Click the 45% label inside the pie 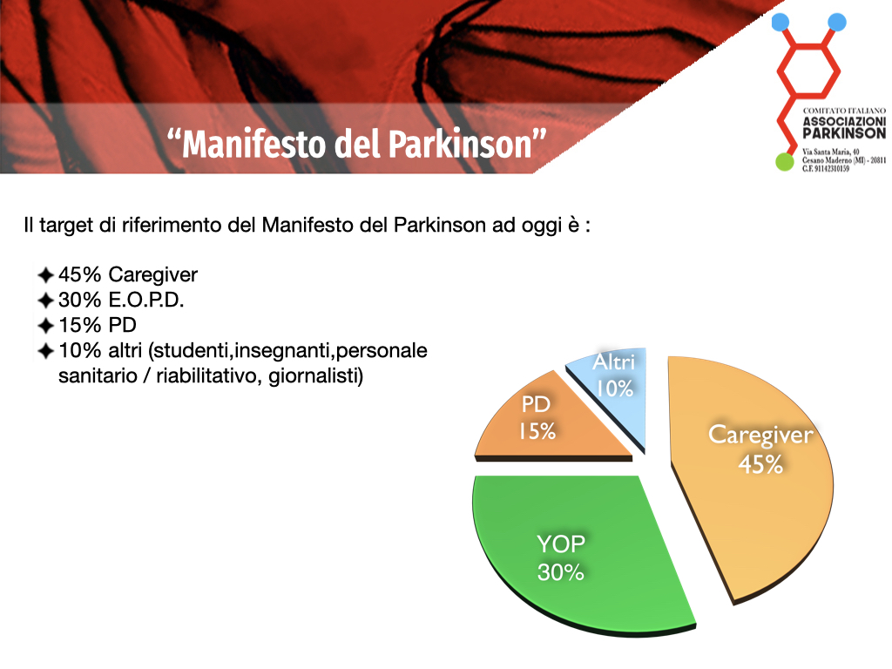tap(760, 464)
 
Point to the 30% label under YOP tap(560, 571)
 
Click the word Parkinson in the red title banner tap(461, 144)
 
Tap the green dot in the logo tap(785, 161)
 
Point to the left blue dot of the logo tap(780, 22)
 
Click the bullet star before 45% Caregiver tap(45, 275)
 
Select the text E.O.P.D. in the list tap(146, 300)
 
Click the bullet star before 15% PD tap(45, 326)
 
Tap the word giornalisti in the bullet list tap(315, 376)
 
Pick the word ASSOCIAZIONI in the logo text tap(844, 121)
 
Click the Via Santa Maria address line tap(830, 152)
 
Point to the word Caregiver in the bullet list tap(153, 274)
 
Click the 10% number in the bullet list tap(79, 350)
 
